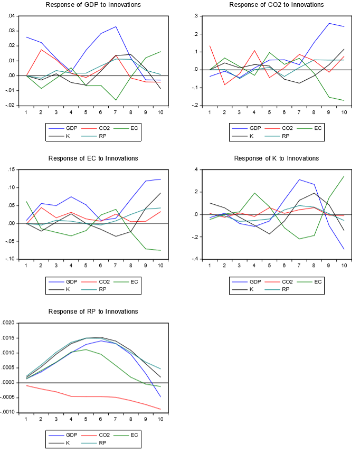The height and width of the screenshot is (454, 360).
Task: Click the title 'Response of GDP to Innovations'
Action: pyautogui.click(x=93, y=5)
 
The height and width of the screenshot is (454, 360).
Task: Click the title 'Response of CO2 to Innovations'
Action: pyautogui.click(x=277, y=5)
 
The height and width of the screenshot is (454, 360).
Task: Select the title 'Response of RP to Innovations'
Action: pyautogui.click(x=93, y=311)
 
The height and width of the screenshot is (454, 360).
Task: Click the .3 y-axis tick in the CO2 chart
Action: pyautogui.click(x=196, y=16)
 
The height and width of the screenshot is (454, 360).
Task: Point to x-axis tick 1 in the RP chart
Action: pyautogui.click(x=26, y=420)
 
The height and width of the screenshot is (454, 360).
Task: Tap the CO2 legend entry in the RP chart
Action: pyautogui.click(x=102, y=435)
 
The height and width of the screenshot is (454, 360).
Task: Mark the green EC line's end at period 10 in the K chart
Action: pyautogui.click(x=344, y=176)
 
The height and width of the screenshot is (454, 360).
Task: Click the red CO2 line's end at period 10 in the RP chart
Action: pyautogui.click(x=160, y=409)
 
